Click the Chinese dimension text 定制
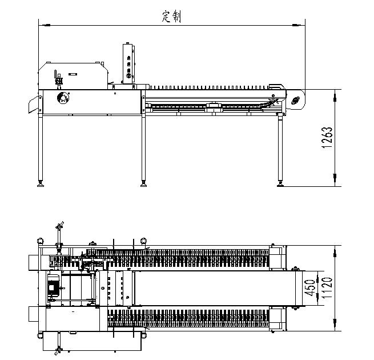pyautogui.click(x=171, y=17)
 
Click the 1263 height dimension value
pyautogui.click(x=327, y=138)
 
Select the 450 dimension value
pyautogui.click(x=311, y=287)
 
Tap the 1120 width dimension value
pyautogui.click(x=327, y=287)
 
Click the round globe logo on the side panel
pyautogui.click(x=63, y=98)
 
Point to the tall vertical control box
pyautogui.click(x=128, y=63)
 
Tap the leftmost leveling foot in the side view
pyautogui.click(x=41, y=183)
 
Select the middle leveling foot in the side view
pyautogui.click(x=143, y=183)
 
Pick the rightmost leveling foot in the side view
pyautogui.click(x=280, y=183)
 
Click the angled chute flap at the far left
pyautogui.click(x=34, y=105)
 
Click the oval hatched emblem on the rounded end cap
pyautogui.click(x=295, y=101)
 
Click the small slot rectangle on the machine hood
pyautogui.click(x=73, y=74)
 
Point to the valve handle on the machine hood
pyautogui.click(x=57, y=79)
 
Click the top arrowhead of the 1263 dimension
pyautogui.click(x=335, y=97)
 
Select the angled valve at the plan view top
pyautogui.click(x=59, y=225)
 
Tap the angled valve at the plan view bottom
pyautogui.click(x=58, y=351)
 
